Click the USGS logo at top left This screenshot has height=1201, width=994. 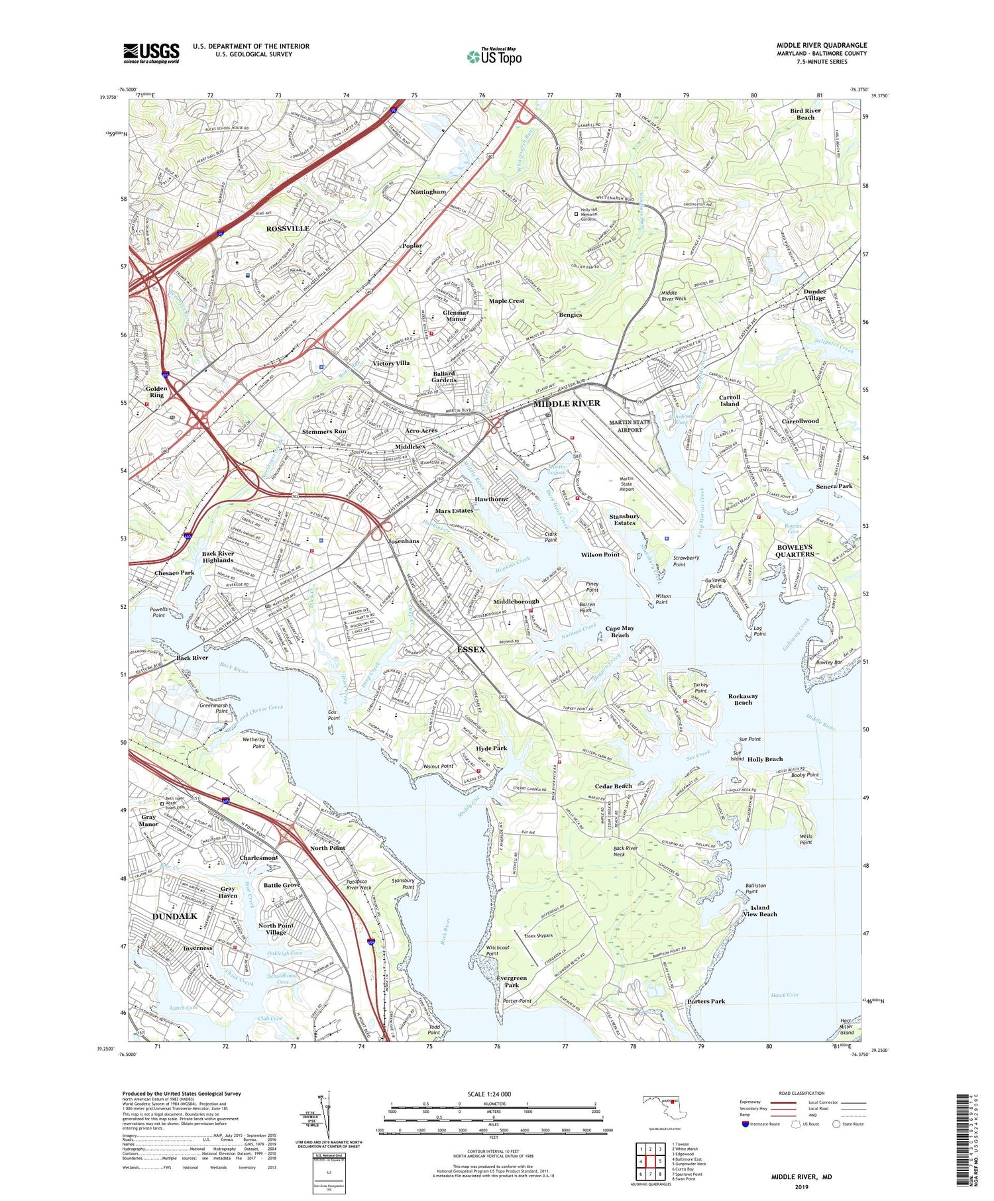tap(151, 53)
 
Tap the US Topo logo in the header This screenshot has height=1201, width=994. tap(494, 57)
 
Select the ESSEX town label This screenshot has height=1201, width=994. tap(470, 649)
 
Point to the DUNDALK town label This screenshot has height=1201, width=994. tap(175, 916)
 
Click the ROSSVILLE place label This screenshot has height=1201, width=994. tap(288, 229)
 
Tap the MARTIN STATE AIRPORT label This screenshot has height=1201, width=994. tap(630, 426)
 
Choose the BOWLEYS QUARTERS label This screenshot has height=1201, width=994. tap(795, 550)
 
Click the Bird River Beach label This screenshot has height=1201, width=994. tap(805, 114)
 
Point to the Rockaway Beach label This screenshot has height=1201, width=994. tap(743, 700)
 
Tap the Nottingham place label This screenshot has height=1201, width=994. tap(428, 191)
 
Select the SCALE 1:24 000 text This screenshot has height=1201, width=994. tap(494, 1094)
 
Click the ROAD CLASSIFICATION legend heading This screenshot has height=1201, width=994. tap(802, 1094)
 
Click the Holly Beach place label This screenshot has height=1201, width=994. tap(765, 759)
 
